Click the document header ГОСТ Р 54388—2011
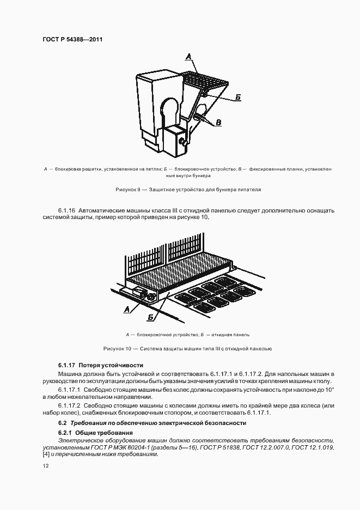[72, 40]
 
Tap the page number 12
[46, 466]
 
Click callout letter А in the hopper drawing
[188, 56]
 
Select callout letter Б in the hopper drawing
[238, 97]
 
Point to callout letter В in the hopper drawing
[218, 123]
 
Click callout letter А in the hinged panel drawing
[127, 309]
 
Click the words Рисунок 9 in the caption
[129, 190]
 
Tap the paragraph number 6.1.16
[66, 210]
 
